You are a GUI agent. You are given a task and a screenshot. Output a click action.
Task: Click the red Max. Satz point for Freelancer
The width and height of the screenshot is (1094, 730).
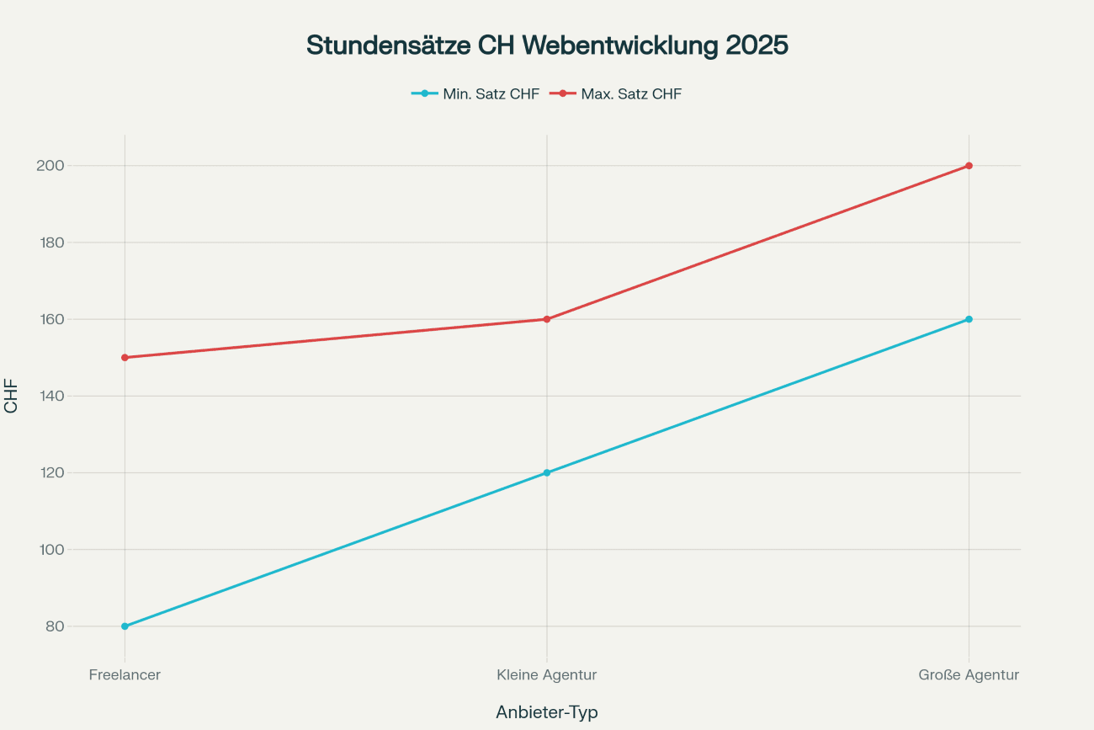click(125, 357)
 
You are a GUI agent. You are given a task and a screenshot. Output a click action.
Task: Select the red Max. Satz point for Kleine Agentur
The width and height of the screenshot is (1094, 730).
click(547, 319)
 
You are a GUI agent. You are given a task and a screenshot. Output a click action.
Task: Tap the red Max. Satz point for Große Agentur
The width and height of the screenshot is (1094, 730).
click(969, 166)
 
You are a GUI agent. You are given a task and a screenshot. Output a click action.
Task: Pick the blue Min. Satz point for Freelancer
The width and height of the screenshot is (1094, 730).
click(125, 626)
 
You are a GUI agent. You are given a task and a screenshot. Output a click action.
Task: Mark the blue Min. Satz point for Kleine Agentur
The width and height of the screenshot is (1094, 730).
click(547, 472)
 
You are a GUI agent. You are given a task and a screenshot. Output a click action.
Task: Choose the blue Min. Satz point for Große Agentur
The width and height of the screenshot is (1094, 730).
click(969, 319)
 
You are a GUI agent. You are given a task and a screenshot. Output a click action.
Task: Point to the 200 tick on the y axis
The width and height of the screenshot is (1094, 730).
click(50, 166)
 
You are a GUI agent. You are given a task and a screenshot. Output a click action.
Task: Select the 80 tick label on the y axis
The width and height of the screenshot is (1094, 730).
click(54, 626)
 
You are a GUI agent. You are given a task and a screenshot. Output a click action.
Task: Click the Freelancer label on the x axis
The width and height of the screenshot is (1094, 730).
click(125, 674)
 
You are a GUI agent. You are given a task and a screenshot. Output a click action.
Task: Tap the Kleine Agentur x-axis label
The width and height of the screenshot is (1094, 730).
click(547, 674)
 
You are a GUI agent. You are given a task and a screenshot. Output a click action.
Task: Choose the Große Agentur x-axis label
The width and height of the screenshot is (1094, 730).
click(969, 674)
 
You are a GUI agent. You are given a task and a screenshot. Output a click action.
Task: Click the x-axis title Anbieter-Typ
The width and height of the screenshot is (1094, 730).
click(547, 712)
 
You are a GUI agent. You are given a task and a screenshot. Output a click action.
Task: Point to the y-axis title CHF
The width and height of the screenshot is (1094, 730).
click(11, 396)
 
